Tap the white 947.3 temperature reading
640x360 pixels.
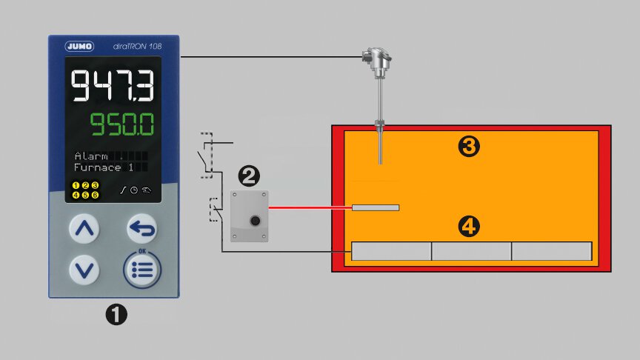[x=113, y=86]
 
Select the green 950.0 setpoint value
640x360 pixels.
[x=123, y=125]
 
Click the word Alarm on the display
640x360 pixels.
[x=91, y=156]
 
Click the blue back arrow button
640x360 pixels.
[x=142, y=229]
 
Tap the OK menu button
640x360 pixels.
[x=141, y=270]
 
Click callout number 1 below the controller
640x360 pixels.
[x=116, y=315]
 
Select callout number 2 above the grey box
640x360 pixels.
[x=249, y=176]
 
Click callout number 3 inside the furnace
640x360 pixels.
[x=469, y=147]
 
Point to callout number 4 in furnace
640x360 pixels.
[x=468, y=227]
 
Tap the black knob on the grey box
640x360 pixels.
[x=256, y=220]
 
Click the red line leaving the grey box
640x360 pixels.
[x=310, y=207]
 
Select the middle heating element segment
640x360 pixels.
[x=471, y=251]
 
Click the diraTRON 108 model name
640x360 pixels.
[x=139, y=47]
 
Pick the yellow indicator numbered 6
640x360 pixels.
[x=95, y=195]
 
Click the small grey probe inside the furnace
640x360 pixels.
[x=376, y=207]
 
